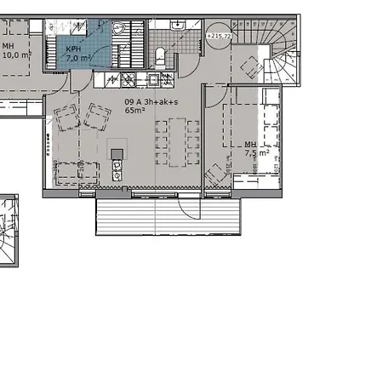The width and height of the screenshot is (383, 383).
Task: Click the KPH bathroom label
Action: (74, 50)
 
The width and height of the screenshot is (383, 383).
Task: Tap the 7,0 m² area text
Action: (79, 60)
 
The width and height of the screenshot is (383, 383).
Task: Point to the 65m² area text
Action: (133, 111)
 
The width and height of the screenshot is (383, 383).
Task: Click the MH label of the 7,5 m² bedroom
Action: (250, 146)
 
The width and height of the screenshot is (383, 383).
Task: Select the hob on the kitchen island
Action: (117, 154)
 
